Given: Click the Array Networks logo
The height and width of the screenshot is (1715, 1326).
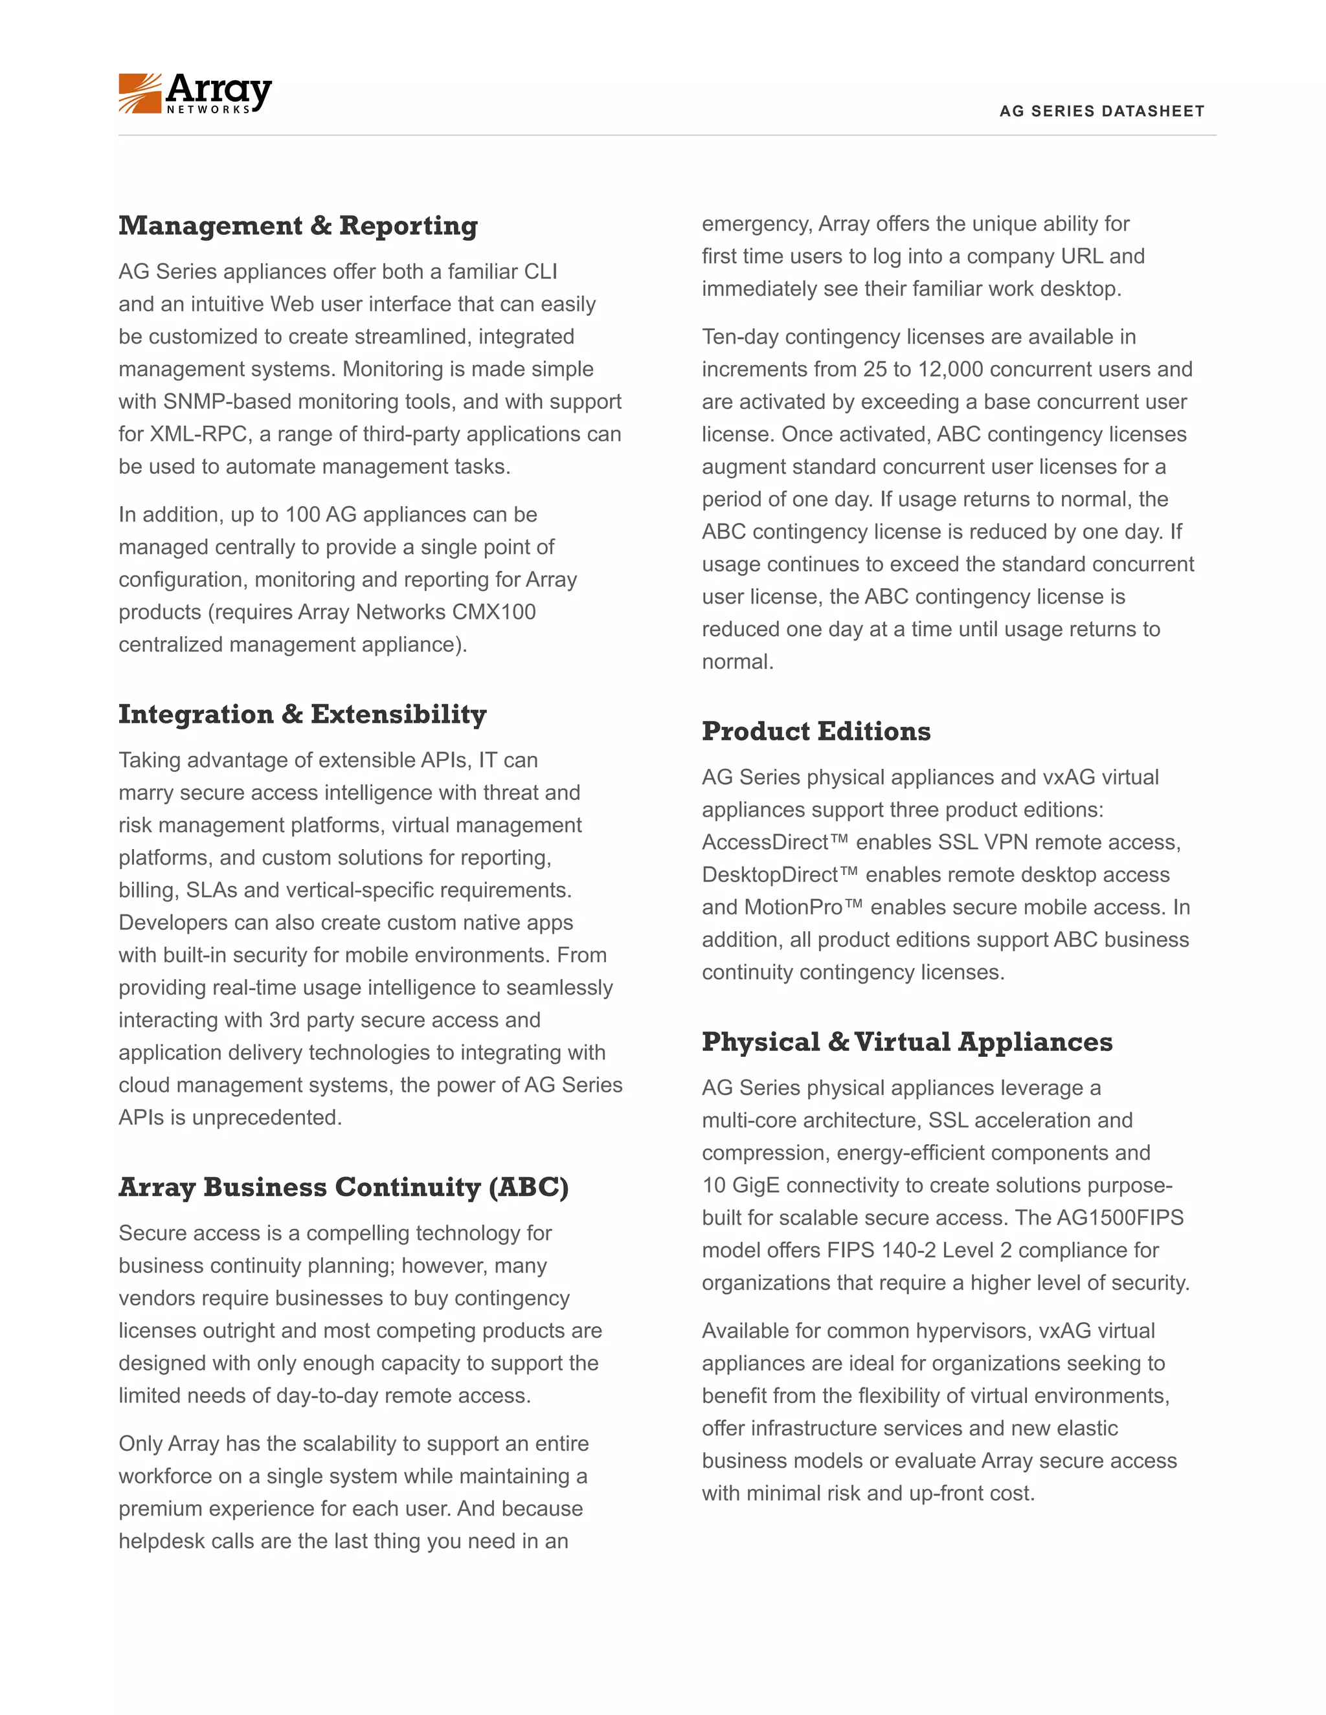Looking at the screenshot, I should point(195,93).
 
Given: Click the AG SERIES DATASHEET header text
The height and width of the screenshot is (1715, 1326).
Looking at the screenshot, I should point(1101,111).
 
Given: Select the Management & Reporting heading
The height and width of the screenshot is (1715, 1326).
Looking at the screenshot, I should point(298,226).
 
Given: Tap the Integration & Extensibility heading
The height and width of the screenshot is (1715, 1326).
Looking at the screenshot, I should point(302,714).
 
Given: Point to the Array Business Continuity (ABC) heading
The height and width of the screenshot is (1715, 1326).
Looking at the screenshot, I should point(343,1188).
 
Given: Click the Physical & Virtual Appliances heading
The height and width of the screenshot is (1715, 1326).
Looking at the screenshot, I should point(906,1042).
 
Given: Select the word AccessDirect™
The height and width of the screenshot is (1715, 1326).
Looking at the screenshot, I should point(774,843).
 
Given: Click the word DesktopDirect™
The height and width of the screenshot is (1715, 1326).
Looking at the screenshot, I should point(780,875).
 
